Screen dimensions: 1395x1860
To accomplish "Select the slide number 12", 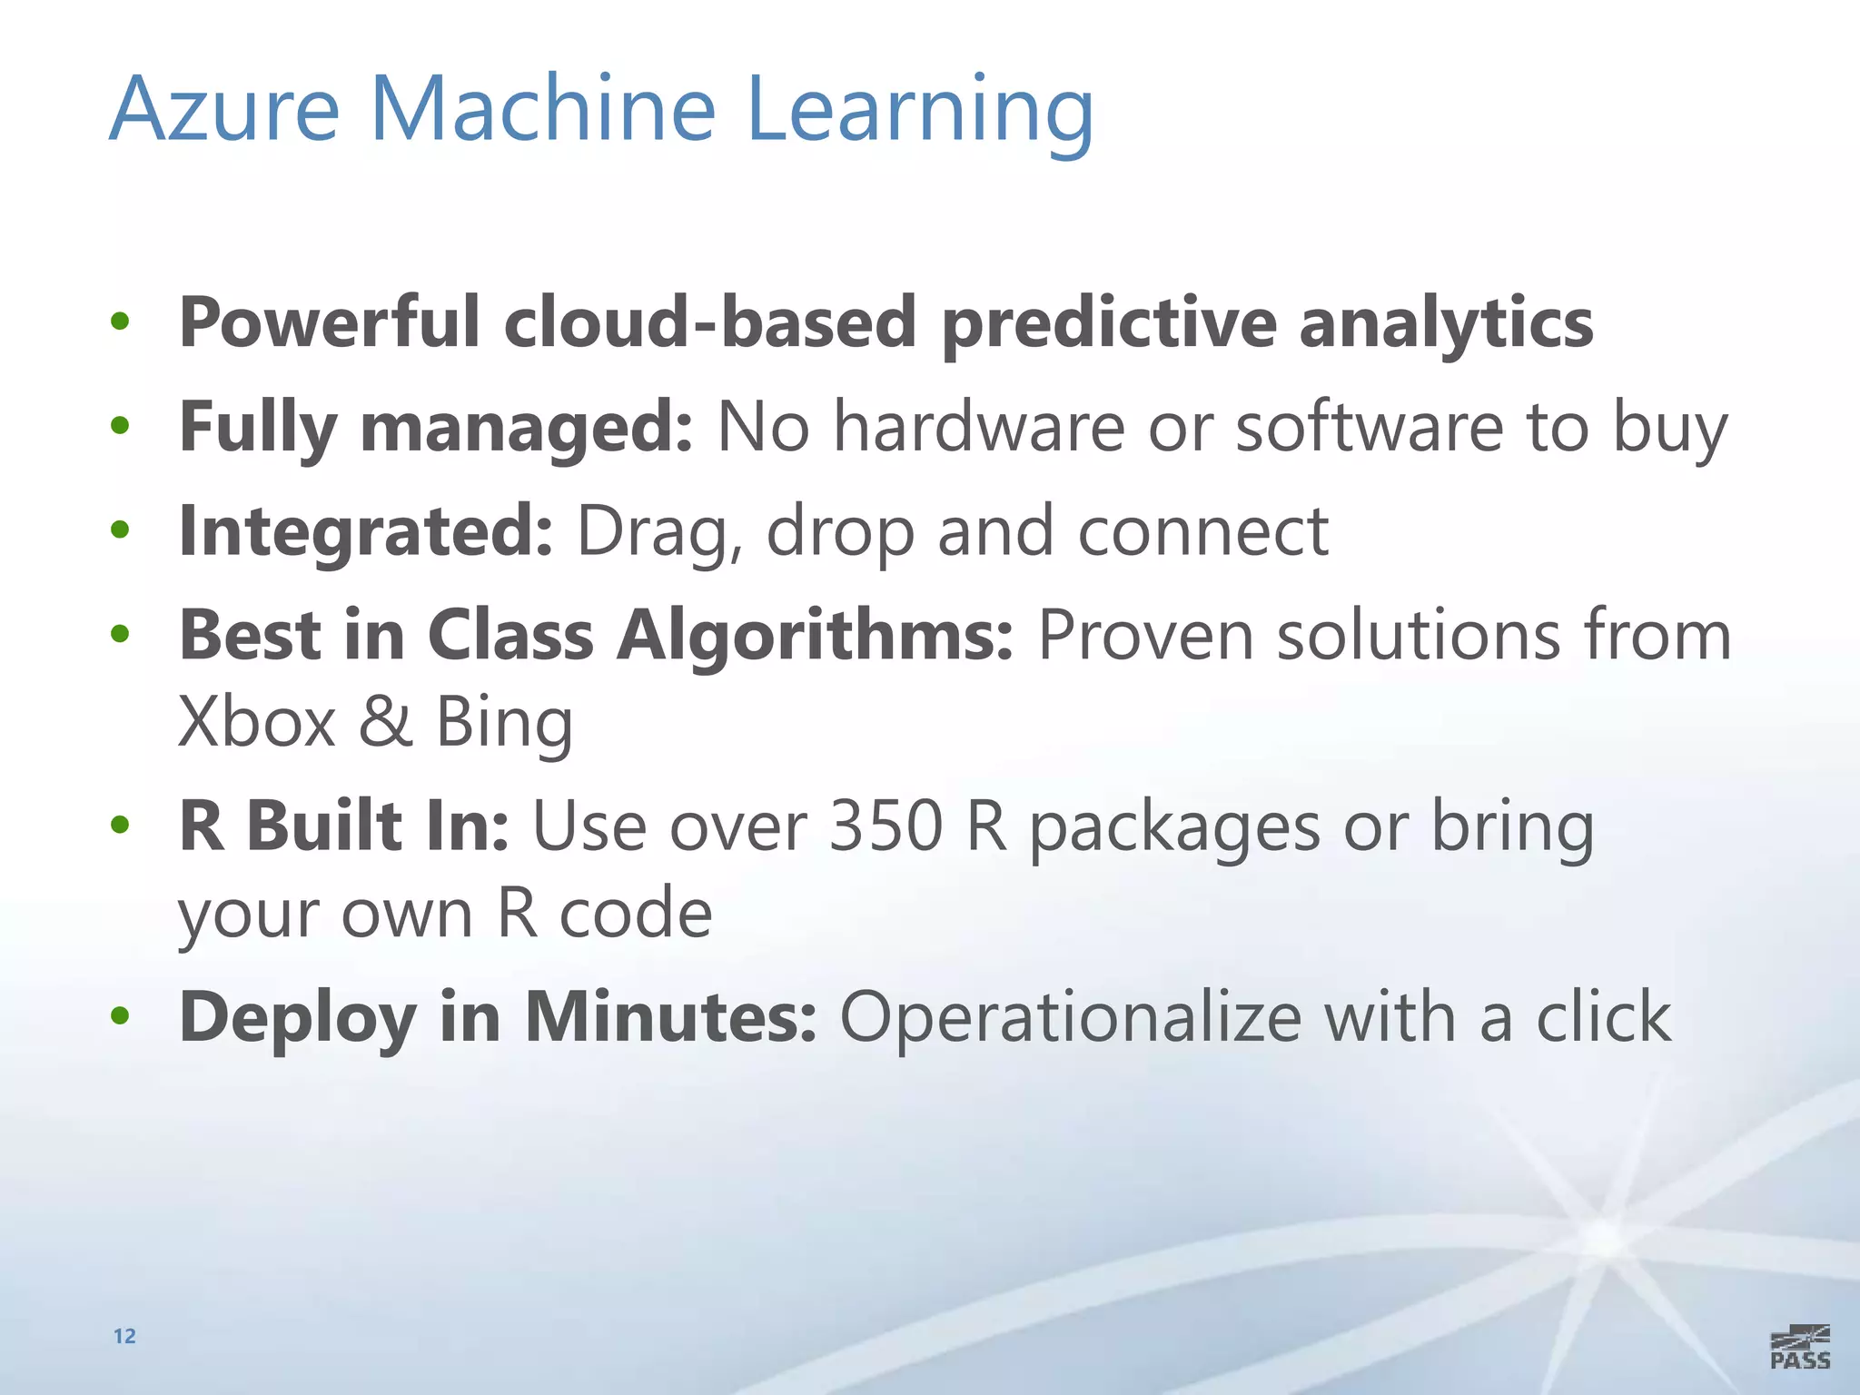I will (124, 1336).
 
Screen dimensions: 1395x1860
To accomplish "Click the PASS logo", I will (1799, 1347).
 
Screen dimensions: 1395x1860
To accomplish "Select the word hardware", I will (979, 427).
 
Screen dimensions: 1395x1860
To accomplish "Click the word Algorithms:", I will (815, 635).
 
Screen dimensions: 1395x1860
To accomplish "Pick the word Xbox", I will (257, 722).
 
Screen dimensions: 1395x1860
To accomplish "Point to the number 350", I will (885, 826).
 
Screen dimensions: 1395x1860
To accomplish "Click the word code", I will (635, 914).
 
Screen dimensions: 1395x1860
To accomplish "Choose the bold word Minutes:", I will (670, 1017).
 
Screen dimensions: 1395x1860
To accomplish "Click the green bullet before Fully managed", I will (120, 425).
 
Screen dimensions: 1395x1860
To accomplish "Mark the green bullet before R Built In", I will (120, 825).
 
